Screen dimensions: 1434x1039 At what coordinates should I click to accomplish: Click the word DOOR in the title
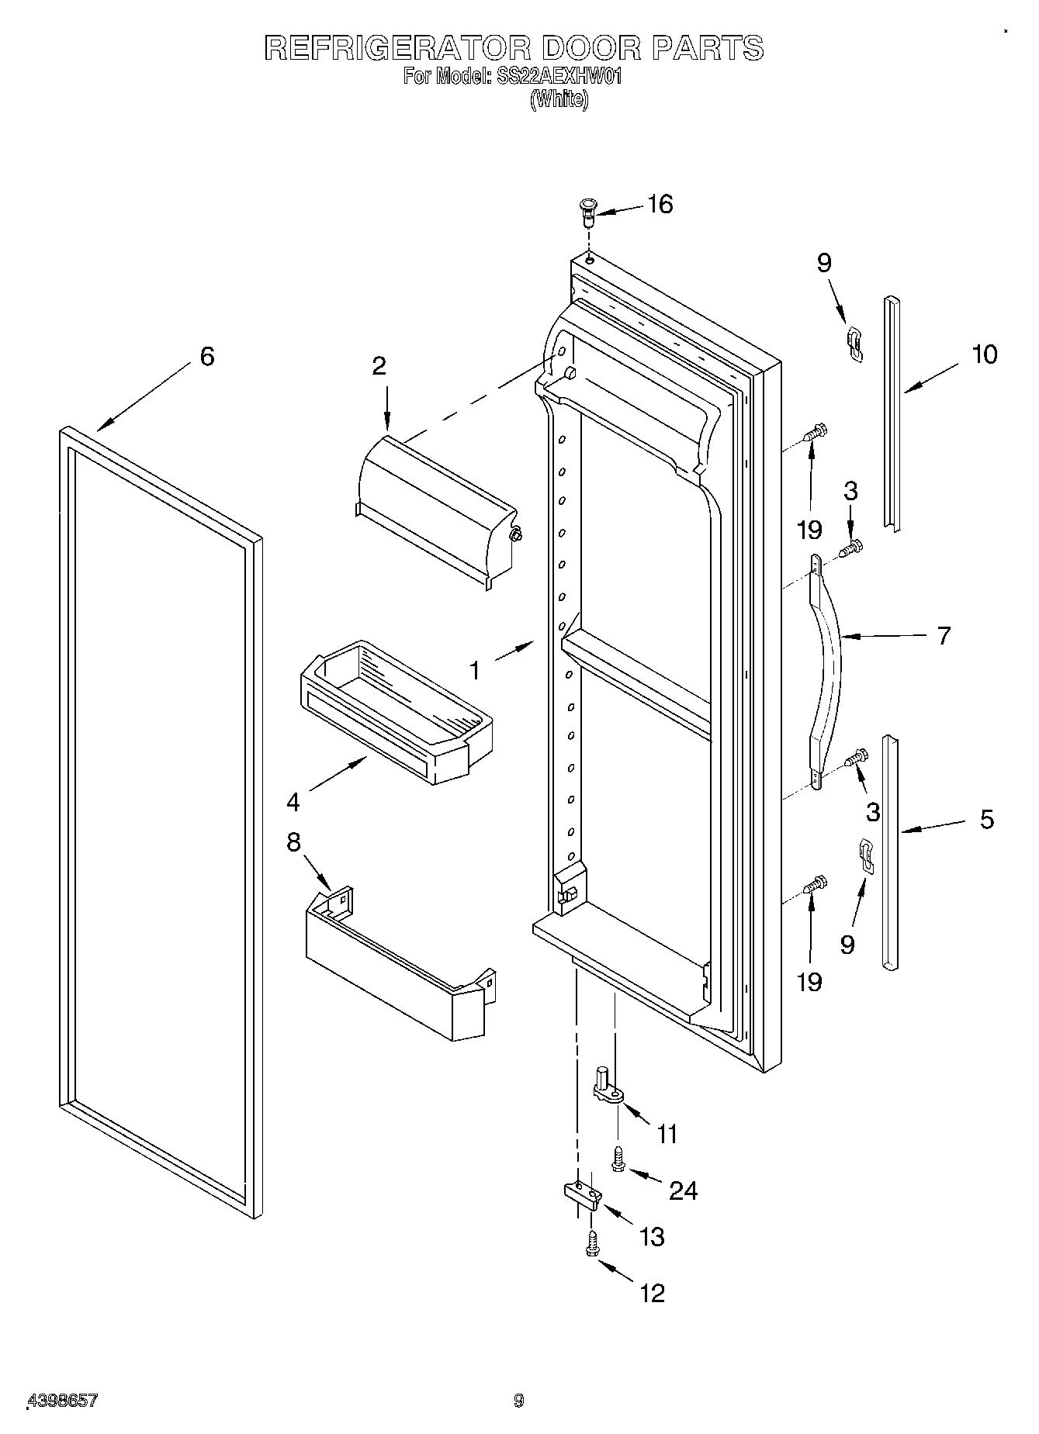592,49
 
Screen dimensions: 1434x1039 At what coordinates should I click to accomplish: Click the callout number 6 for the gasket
206,357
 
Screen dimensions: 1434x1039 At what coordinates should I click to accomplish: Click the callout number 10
983,354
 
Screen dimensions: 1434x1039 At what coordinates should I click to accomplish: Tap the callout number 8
293,842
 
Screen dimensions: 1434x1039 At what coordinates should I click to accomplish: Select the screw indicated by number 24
618,1160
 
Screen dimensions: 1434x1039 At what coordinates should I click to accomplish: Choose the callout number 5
986,819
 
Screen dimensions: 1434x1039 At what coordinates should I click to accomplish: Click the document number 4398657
62,1400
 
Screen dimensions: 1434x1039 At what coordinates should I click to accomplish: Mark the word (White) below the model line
559,100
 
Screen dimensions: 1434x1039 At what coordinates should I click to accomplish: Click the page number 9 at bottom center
518,1401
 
